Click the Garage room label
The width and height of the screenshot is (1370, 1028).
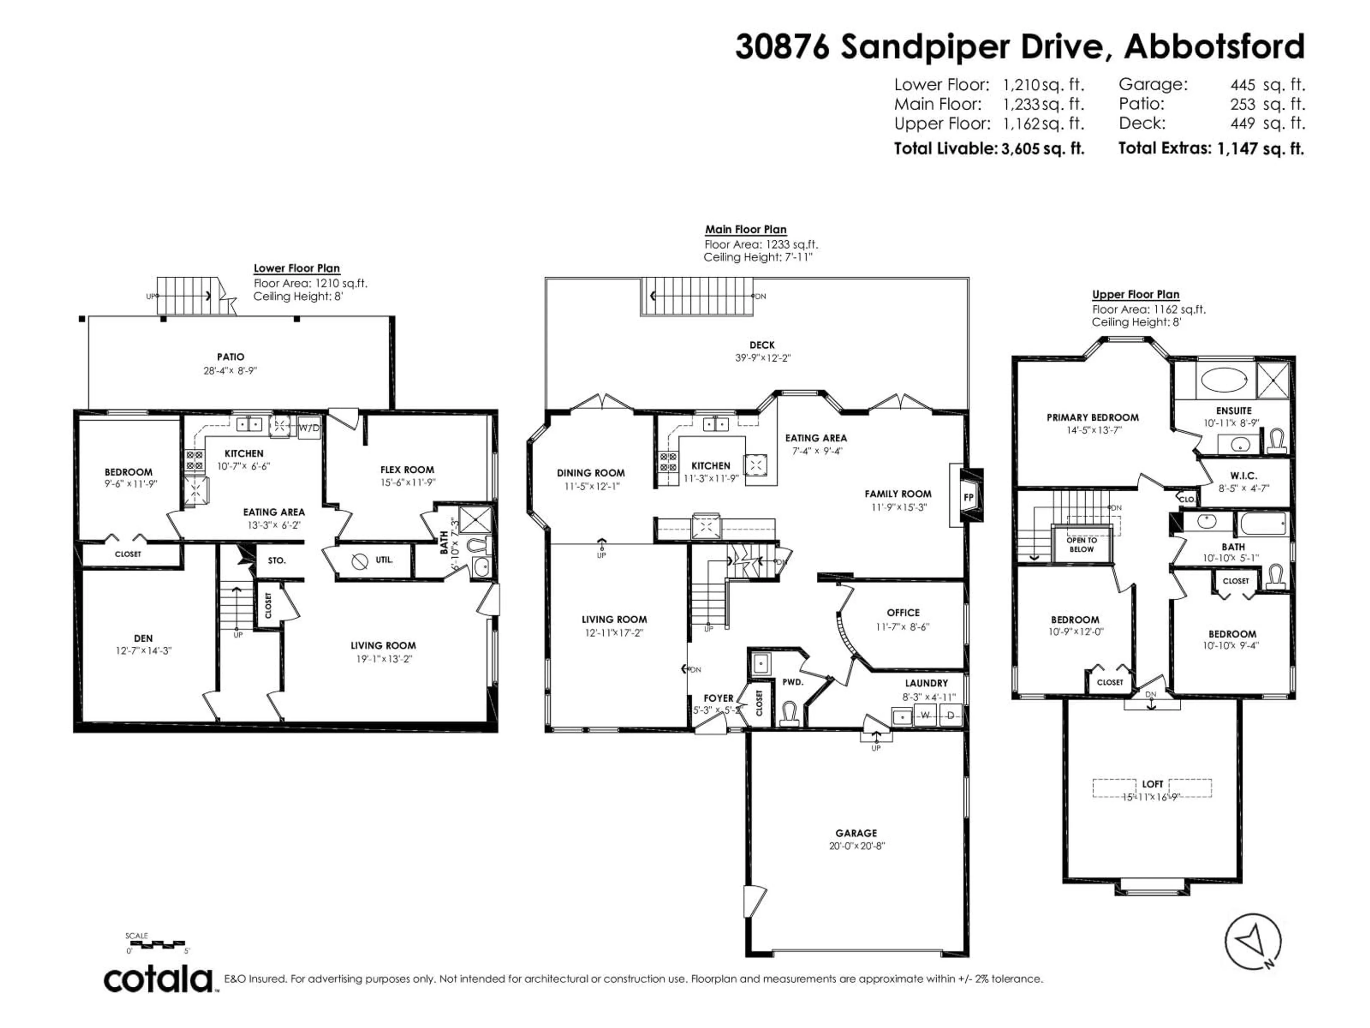(x=856, y=833)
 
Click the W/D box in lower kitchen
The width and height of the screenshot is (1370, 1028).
(x=309, y=428)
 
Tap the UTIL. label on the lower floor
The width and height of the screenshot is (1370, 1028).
(x=384, y=560)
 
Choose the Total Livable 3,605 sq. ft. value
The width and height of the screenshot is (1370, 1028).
(x=1042, y=149)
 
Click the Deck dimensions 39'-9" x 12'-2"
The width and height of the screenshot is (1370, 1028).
(x=762, y=358)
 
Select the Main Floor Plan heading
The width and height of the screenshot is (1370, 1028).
(x=746, y=229)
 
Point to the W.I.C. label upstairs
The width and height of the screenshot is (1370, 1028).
(x=1244, y=475)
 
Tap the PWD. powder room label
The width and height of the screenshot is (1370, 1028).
(x=793, y=682)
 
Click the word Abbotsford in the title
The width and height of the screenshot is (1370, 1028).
(x=1214, y=46)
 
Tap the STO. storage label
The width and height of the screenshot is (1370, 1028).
(x=277, y=560)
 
